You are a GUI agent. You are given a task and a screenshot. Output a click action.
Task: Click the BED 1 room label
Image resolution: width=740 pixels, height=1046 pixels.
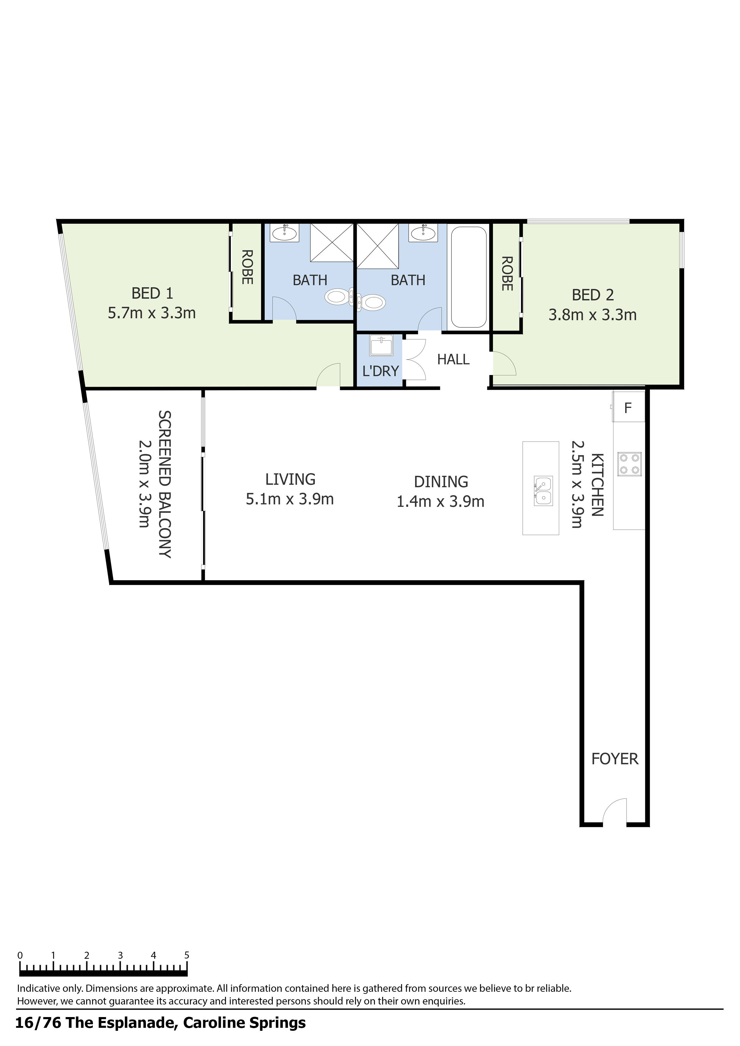click(152, 293)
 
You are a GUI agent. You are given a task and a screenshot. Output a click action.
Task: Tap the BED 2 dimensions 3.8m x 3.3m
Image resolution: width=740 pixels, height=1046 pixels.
click(592, 315)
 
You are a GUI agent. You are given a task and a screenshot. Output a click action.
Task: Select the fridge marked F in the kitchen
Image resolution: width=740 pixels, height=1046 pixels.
click(628, 408)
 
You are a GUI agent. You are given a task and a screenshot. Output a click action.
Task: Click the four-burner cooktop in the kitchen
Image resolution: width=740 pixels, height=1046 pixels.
click(629, 464)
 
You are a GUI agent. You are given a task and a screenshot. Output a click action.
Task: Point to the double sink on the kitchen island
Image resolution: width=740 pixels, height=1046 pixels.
click(543, 491)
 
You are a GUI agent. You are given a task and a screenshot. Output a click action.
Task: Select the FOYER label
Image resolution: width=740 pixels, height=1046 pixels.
click(615, 759)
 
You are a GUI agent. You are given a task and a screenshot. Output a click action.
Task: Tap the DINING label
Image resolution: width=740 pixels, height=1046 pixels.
click(441, 482)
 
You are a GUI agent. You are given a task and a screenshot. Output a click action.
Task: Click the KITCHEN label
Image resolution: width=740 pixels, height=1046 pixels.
click(597, 484)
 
